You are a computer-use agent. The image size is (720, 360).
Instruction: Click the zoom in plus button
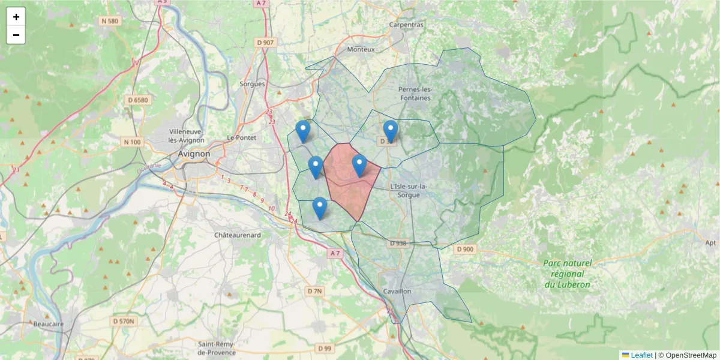[x=16, y=17]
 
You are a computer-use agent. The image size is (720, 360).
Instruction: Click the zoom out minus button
[x=16, y=35]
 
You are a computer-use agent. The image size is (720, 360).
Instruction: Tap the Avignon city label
[x=194, y=154]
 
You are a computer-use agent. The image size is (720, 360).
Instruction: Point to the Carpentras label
[x=406, y=25]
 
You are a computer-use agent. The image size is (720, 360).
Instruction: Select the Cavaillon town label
[x=396, y=291]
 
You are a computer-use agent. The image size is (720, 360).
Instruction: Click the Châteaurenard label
[x=238, y=235]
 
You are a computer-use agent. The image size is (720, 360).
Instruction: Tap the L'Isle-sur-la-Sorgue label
[x=409, y=191]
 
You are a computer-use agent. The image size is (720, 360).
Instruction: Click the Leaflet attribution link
[x=640, y=355]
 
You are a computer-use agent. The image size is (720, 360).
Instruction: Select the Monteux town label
[x=361, y=49]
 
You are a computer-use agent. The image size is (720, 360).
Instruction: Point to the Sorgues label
[x=252, y=84]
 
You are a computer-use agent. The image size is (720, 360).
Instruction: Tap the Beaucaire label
[x=49, y=324]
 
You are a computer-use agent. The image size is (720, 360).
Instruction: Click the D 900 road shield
[x=464, y=249]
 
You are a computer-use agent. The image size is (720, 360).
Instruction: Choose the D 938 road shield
[x=398, y=244]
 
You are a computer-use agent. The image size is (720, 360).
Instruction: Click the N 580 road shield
[x=110, y=21]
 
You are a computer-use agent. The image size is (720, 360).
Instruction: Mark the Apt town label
[x=711, y=242]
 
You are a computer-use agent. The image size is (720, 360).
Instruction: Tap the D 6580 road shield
[x=138, y=100]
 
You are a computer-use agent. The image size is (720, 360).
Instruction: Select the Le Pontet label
[x=241, y=137]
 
